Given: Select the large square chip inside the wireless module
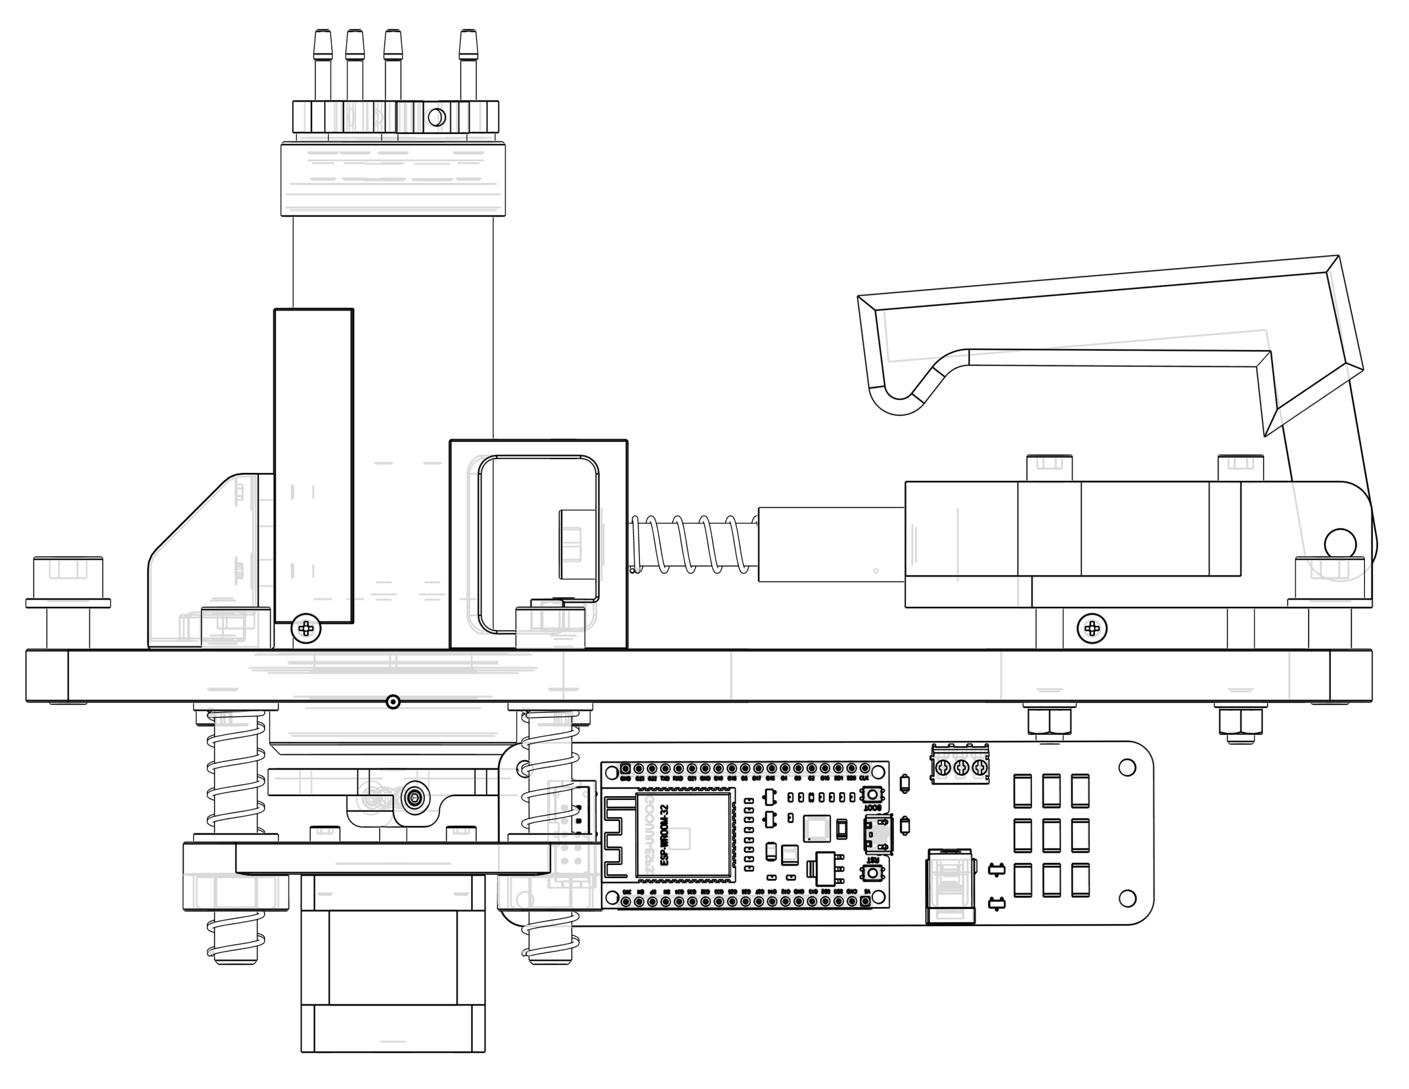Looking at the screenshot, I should (679, 838).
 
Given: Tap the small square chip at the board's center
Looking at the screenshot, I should (817, 829).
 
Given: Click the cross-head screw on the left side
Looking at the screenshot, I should (306, 628).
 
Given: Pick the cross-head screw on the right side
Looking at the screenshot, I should (1091, 628).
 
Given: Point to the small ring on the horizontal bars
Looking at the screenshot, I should (393, 702).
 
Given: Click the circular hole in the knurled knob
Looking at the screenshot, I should (434, 117).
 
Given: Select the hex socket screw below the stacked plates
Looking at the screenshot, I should (414, 798).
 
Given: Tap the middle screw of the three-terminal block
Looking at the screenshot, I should (960, 767).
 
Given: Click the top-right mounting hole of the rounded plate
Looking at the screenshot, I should (1126, 767).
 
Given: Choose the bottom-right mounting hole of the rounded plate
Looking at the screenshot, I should (1126, 898).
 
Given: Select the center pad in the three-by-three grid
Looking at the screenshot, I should (1050, 836).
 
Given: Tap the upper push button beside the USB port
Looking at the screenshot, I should (873, 793).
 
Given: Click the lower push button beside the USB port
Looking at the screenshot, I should (873, 873).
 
